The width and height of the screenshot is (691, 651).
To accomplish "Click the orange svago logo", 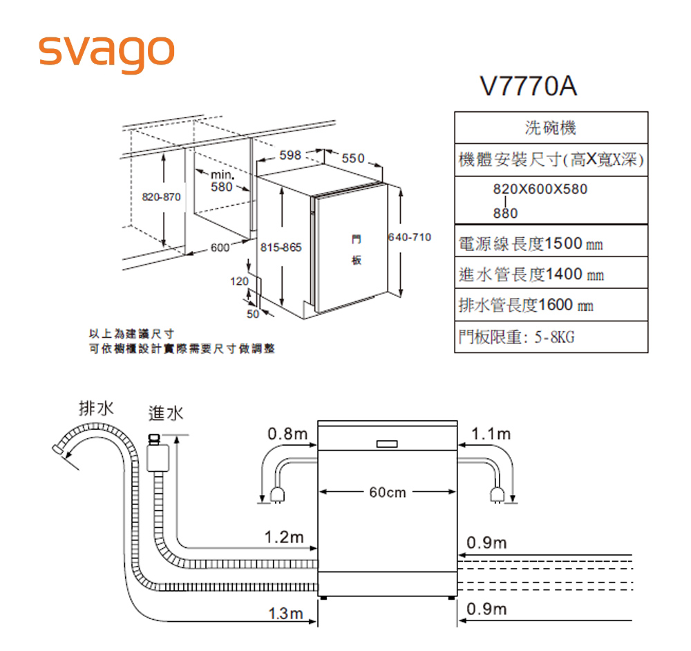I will tap(105, 50).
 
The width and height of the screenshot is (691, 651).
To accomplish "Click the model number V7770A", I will tap(529, 87).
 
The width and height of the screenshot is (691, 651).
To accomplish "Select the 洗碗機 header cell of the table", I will tap(551, 128).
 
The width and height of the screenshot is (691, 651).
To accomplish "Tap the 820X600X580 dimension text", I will tap(540, 189).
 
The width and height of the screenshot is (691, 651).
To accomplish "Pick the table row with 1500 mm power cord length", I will tap(551, 243).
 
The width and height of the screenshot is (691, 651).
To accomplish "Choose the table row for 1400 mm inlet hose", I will tap(551, 274).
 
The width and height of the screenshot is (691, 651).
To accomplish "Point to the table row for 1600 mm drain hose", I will tap(551, 305).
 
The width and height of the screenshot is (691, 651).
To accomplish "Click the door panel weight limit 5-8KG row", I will tap(551, 337).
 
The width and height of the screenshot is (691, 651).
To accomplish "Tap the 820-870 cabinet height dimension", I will tap(161, 197).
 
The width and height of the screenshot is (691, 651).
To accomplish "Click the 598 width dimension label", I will tap(290, 156).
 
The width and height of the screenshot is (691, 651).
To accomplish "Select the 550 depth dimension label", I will tap(352, 159).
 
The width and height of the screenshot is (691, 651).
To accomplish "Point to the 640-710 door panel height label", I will tap(410, 238).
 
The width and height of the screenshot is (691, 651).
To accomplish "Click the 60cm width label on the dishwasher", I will tap(388, 493).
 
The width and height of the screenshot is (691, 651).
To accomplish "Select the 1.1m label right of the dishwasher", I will tap(491, 435).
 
